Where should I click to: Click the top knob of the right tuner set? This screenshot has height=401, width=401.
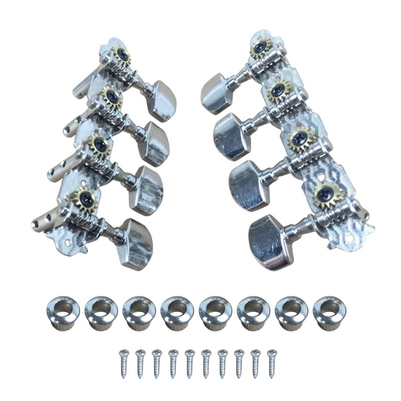point(214,92)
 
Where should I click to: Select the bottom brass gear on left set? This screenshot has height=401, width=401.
point(80,198)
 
